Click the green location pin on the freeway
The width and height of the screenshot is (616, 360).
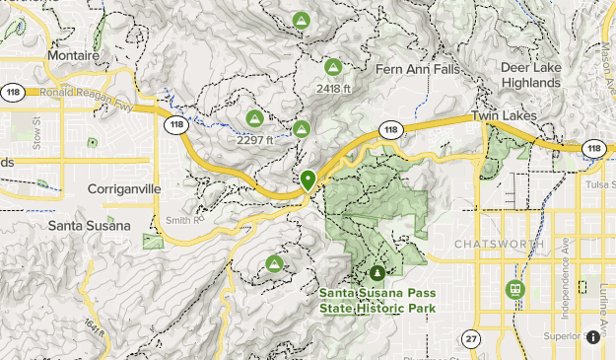click(x=308, y=180)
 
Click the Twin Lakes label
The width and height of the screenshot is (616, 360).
click(x=503, y=116)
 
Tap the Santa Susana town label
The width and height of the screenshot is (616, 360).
click(x=89, y=225)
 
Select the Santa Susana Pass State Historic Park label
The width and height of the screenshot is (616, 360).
click(x=377, y=300)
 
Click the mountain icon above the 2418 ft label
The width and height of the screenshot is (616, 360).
click(x=332, y=68)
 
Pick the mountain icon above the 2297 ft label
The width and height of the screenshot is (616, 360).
click(x=253, y=118)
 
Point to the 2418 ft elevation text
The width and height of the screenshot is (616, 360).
click(x=333, y=89)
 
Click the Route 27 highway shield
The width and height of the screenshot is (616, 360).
click(x=472, y=338)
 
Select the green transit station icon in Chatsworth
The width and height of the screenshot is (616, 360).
click(x=513, y=289)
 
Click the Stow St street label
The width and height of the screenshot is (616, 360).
click(x=37, y=135)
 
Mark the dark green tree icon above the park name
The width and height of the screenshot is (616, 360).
click(x=376, y=272)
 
